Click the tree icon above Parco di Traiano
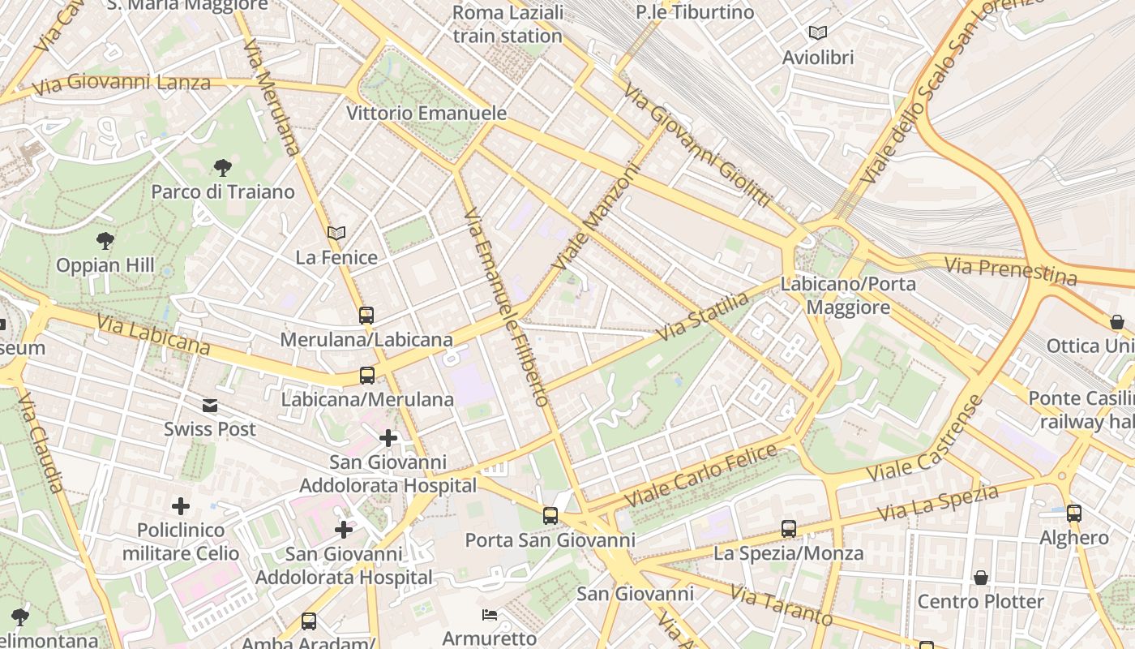click(222, 168)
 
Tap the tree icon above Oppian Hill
click(105, 240)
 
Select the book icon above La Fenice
click(336, 234)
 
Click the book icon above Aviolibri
click(818, 33)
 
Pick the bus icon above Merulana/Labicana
click(366, 315)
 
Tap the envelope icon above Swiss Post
click(210, 405)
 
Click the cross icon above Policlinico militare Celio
click(181, 506)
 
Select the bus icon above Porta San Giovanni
click(550, 515)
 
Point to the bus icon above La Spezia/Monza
click(789, 529)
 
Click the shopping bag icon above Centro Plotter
click(981, 578)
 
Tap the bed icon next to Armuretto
click(490, 614)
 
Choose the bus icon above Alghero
click(1074, 513)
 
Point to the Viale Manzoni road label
click(596, 218)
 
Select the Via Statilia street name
click(704, 316)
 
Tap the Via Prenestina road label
click(1011, 269)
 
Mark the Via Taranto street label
click(782, 604)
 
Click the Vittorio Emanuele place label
click(426, 113)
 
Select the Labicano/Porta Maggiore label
click(848, 295)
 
